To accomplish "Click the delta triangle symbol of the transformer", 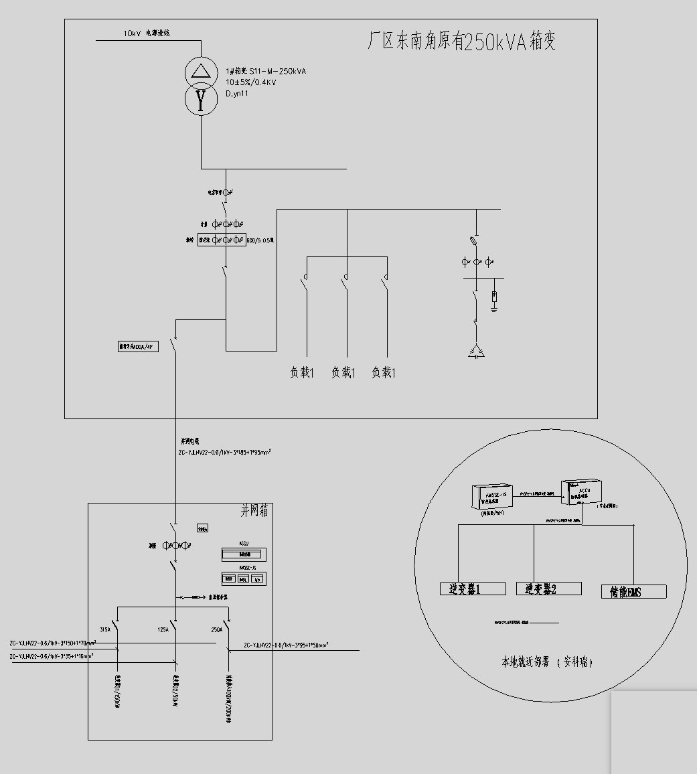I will point(201,71).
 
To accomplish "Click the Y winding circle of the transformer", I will point(201,100).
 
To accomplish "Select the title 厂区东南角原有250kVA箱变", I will point(462,42).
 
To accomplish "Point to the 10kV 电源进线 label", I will point(146,33).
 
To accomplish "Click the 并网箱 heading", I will point(254,511).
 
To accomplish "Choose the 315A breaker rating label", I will point(105,630).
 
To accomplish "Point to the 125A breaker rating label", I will point(163,630).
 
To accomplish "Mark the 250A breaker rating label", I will point(217,630).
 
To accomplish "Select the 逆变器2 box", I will point(548,589).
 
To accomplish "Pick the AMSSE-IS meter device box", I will point(492,495).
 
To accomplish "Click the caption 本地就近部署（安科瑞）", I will point(547,662).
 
